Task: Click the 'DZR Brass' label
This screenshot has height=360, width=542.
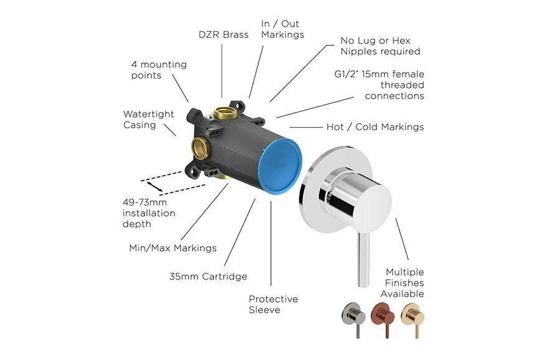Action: point(222,35)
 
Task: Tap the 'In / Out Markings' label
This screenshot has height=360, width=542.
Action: point(282,29)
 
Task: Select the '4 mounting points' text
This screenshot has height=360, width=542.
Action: point(158,70)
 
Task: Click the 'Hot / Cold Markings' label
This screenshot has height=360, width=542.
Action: point(375,127)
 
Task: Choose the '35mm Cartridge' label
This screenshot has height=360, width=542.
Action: point(208,276)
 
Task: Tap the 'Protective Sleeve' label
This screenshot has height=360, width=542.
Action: point(273,305)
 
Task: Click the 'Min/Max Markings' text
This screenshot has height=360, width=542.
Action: point(173,248)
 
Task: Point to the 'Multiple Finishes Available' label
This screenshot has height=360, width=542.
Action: point(404,283)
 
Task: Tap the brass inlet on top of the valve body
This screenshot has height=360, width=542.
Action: point(223,113)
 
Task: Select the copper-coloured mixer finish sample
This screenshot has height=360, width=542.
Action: point(382,316)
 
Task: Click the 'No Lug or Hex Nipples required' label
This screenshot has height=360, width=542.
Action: point(380,46)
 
